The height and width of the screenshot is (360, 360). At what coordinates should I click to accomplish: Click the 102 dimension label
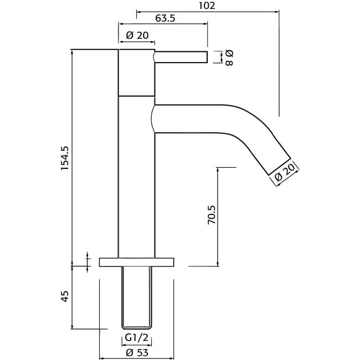click(x=207, y=6)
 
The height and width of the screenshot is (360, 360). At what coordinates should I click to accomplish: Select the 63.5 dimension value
click(x=165, y=18)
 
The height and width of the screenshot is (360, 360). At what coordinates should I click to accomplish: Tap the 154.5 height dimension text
click(x=65, y=158)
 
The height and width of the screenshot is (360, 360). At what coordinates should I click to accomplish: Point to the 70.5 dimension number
click(x=212, y=215)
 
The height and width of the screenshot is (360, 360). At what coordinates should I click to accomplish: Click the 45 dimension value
click(x=65, y=296)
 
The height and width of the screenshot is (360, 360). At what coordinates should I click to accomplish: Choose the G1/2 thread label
click(x=137, y=338)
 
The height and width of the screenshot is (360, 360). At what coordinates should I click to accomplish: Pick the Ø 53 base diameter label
click(x=137, y=353)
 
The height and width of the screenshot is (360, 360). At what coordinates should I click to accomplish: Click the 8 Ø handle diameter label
click(x=229, y=58)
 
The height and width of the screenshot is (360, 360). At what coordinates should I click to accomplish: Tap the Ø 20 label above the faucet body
click(x=137, y=35)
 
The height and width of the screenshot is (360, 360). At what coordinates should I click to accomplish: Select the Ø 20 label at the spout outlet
click(x=285, y=172)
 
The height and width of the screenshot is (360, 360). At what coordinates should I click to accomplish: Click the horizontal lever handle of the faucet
click(x=181, y=57)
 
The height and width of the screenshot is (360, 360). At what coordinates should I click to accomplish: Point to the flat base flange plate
click(x=137, y=262)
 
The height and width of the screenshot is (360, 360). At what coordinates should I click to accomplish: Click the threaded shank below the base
click(x=137, y=297)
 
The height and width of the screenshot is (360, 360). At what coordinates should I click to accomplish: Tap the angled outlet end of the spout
click(x=280, y=167)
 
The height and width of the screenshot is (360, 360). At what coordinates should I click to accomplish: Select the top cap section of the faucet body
click(x=137, y=73)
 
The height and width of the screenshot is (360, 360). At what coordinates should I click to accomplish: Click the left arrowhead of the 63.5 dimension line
click(x=121, y=23)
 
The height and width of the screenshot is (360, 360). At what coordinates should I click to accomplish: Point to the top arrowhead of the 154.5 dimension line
click(x=73, y=52)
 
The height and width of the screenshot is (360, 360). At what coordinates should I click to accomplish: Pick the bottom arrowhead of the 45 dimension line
click(x=73, y=326)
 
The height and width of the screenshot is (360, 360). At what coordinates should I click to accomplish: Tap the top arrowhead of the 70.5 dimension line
click(x=218, y=170)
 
